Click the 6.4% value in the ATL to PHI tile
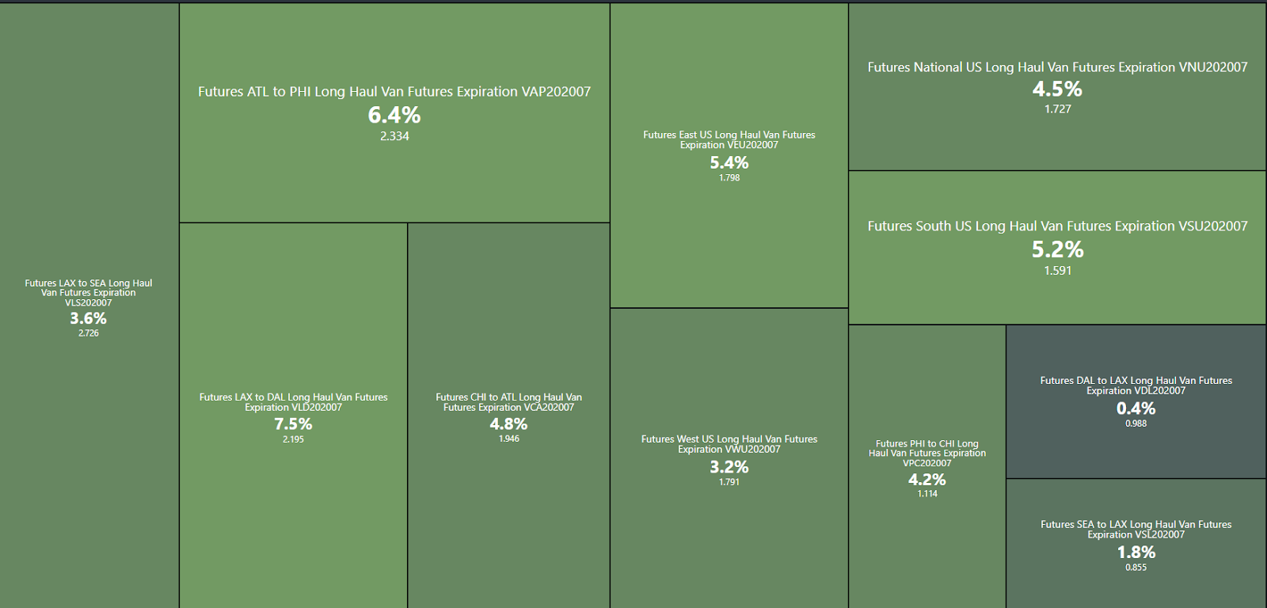(x=394, y=116)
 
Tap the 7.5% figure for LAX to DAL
(x=293, y=424)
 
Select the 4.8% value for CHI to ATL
(x=508, y=424)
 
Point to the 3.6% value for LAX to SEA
(x=88, y=318)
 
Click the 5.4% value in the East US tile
(x=729, y=163)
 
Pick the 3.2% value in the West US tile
(x=729, y=467)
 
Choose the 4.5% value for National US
(x=1057, y=89)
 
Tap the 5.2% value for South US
(x=1057, y=250)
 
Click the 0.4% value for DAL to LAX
(x=1136, y=408)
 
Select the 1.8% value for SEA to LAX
(x=1136, y=553)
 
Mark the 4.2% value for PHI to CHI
(x=926, y=480)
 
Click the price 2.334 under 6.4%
(x=394, y=136)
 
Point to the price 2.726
(x=89, y=333)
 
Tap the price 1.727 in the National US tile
(x=1057, y=109)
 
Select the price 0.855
(x=1136, y=568)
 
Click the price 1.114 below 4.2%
(x=927, y=494)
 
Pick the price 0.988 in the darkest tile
(x=1136, y=424)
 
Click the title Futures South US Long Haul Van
(x=1057, y=226)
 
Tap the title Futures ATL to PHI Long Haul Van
(x=394, y=92)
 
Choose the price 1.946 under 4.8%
(x=508, y=439)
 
